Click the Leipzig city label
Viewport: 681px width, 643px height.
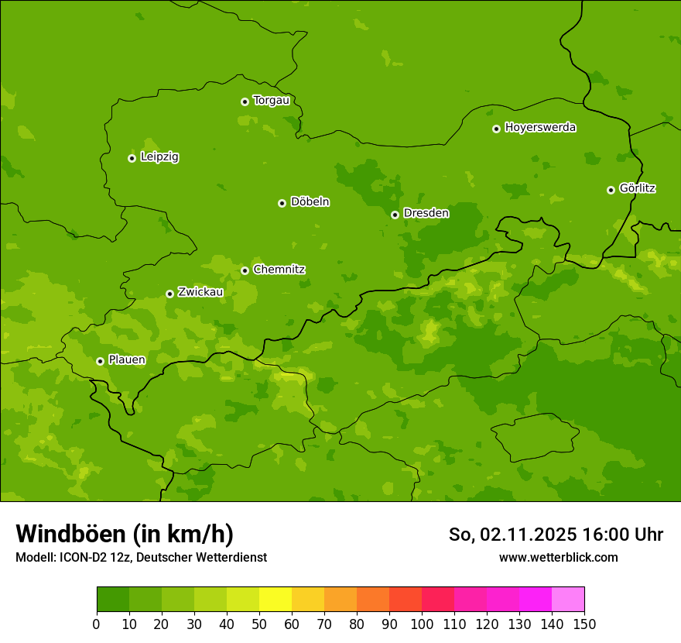point(159,156)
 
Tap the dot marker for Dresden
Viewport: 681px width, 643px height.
point(395,215)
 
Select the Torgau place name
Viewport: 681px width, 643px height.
point(271,100)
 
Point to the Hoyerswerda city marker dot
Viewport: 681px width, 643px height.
point(496,129)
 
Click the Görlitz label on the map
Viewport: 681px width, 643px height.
point(638,188)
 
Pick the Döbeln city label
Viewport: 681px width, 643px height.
point(310,202)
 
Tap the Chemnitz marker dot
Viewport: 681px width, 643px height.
point(245,270)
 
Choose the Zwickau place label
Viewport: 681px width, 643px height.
point(200,292)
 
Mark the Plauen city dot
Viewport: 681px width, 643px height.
point(100,361)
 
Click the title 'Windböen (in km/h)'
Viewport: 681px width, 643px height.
point(125,534)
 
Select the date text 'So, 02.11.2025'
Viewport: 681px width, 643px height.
point(512,535)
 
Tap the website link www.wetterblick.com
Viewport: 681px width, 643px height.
point(558,557)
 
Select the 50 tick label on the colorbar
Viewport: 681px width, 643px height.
point(259,624)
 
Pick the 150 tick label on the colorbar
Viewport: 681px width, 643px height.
point(584,624)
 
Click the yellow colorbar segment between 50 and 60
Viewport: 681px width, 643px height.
point(275,600)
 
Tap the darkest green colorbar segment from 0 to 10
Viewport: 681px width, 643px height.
point(113,600)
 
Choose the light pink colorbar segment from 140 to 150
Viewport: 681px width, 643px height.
point(568,600)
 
